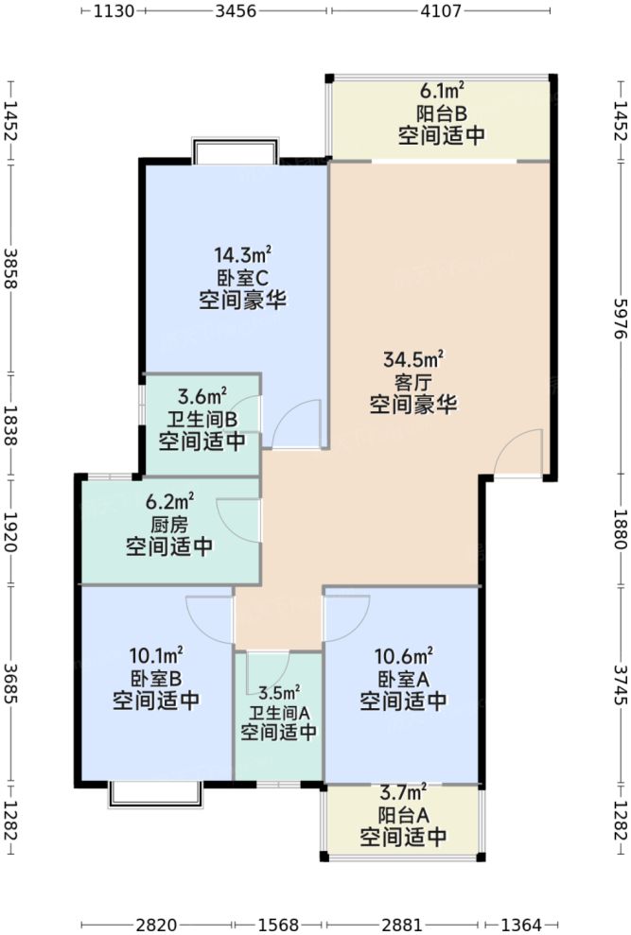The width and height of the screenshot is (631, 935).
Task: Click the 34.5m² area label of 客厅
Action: (413, 360)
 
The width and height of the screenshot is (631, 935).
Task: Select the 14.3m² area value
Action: (242, 254)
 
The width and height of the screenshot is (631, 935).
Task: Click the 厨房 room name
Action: (170, 523)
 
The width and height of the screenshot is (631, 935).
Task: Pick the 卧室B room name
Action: (156, 677)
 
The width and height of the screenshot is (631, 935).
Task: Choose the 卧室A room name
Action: (404, 677)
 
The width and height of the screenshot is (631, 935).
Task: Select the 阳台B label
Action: (442, 113)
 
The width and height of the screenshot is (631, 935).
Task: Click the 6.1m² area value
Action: (442, 92)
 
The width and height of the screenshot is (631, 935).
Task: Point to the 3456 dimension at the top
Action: (236, 12)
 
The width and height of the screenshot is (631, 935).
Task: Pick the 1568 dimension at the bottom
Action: (277, 924)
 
